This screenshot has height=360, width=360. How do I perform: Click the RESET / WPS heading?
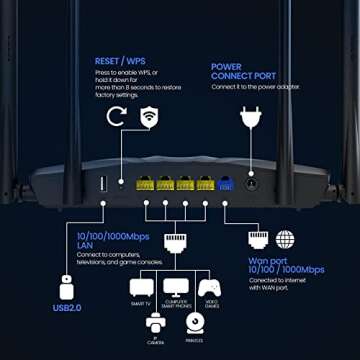point(120,61)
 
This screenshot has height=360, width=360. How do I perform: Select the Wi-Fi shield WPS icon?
point(149,116)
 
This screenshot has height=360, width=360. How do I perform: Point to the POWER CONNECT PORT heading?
point(241,72)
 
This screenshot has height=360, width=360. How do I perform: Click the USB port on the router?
point(102,183)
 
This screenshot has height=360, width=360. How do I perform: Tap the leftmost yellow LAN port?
point(146,183)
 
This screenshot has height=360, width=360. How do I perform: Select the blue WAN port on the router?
point(225,183)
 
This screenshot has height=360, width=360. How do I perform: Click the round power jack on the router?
point(250,183)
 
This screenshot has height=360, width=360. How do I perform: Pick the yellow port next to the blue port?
point(204,183)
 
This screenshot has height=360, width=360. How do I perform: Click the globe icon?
point(285,239)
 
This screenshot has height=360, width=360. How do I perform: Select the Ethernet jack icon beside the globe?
point(258,239)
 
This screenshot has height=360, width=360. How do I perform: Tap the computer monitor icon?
point(174,286)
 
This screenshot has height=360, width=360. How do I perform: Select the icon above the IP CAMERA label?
point(157,322)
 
